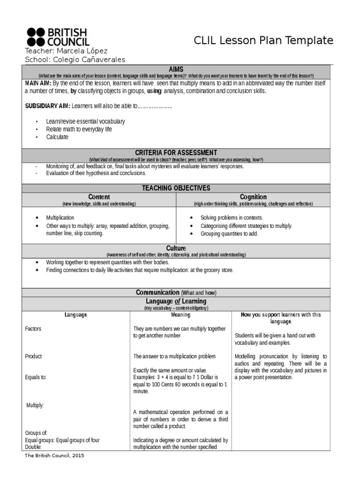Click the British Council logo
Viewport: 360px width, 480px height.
click(57, 37)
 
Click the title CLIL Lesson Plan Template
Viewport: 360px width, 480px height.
click(263, 41)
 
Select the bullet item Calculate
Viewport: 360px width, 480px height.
click(57, 137)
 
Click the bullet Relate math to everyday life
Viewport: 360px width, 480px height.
click(79, 129)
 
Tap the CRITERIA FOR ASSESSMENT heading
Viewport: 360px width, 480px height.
click(176, 153)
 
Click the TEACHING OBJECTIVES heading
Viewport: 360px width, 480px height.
click(176, 188)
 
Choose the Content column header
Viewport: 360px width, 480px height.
click(99, 197)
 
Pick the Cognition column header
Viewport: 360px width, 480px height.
click(253, 197)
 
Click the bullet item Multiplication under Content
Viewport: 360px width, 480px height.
click(60, 218)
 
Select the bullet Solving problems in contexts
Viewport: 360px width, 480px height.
click(232, 218)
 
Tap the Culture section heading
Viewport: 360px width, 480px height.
click(176, 248)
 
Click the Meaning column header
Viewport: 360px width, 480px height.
click(180, 315)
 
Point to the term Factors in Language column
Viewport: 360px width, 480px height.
click(33, 329)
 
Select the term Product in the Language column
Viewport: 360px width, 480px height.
click(33, 356)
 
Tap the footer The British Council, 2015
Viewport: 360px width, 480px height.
click(54, 455)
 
